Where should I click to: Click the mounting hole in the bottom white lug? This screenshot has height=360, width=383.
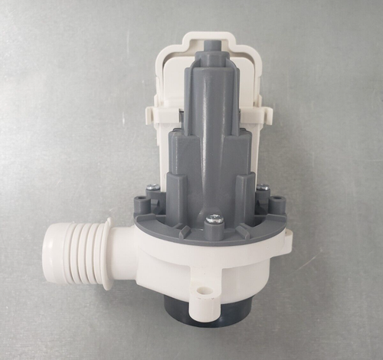(x=204, y=291)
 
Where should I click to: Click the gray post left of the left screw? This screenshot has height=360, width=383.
(x=140, y=204)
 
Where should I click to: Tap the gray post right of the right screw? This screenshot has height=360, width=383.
(x=277, y=205)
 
